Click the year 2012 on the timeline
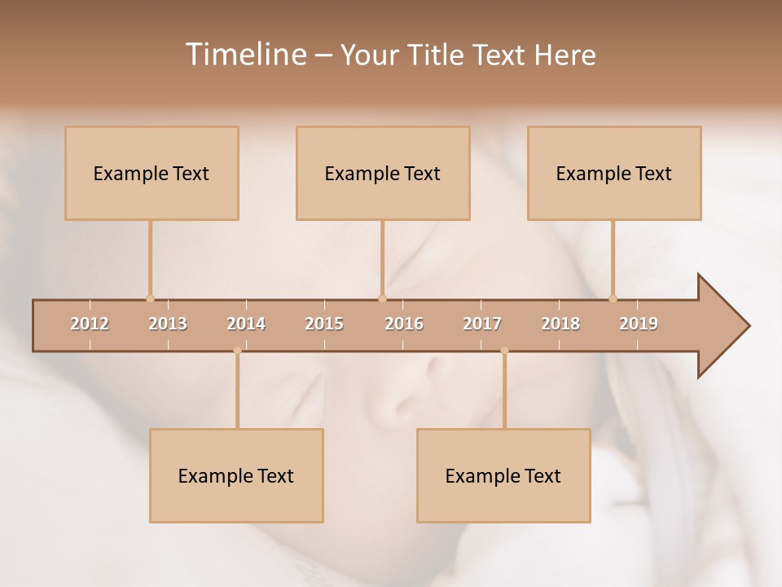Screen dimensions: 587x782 click(x=90, y=324)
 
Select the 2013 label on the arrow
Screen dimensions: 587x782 click(x=168, y=324)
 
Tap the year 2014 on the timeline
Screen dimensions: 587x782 click(x=246, y=324)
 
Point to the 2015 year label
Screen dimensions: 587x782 click(x=324, y=324)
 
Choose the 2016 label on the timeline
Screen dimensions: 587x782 click(x=404, y=324)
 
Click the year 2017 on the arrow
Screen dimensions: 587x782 click(x=482, y=324)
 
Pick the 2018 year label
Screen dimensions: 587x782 click(x=560, y=324)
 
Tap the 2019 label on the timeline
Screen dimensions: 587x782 click(x=639, y=324)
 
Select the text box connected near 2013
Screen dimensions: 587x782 click(x=152, y=174)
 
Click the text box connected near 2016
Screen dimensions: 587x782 click(x=383, y=174)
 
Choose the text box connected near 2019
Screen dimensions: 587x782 click(x=614, y=174)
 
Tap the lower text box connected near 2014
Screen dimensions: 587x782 click(x=236, y=476)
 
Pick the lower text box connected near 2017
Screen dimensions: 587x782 click(x=503, y=476)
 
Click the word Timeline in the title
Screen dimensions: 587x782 click(x=244, y=55)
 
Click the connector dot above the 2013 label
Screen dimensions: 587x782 click(x=150, y=298)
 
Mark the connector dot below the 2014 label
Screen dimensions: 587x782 click(x=237, y=351)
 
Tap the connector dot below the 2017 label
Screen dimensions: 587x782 click(x=504, y=351)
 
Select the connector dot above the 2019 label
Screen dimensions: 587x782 click(x=613, y=298)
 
